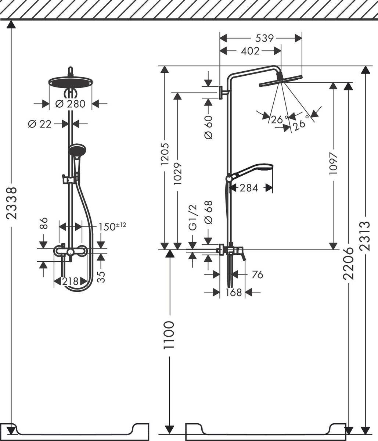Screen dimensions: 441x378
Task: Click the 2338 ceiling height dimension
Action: tap(12, 203)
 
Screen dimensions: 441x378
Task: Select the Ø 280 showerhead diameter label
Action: tap(70, 104)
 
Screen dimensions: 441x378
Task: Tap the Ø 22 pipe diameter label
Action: tap(40, 124)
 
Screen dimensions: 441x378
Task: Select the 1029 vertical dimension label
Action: tap(178, 169)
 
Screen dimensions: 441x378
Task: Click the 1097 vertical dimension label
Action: tap(333, 163)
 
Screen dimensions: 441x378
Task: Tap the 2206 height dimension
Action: tap(348, 263)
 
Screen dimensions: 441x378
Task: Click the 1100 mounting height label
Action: tap(169, 335)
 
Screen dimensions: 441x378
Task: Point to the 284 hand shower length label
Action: tap(249, 188)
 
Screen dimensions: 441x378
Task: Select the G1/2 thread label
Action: tap(193, 218)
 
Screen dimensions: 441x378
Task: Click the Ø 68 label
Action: tap(208, 212)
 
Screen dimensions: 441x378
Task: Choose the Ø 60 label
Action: tap(208, 127)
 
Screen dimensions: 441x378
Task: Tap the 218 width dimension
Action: tap(70, 282)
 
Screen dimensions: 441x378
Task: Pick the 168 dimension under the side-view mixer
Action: tap(234, 293)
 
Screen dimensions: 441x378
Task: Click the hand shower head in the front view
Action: tap(77, 150)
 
